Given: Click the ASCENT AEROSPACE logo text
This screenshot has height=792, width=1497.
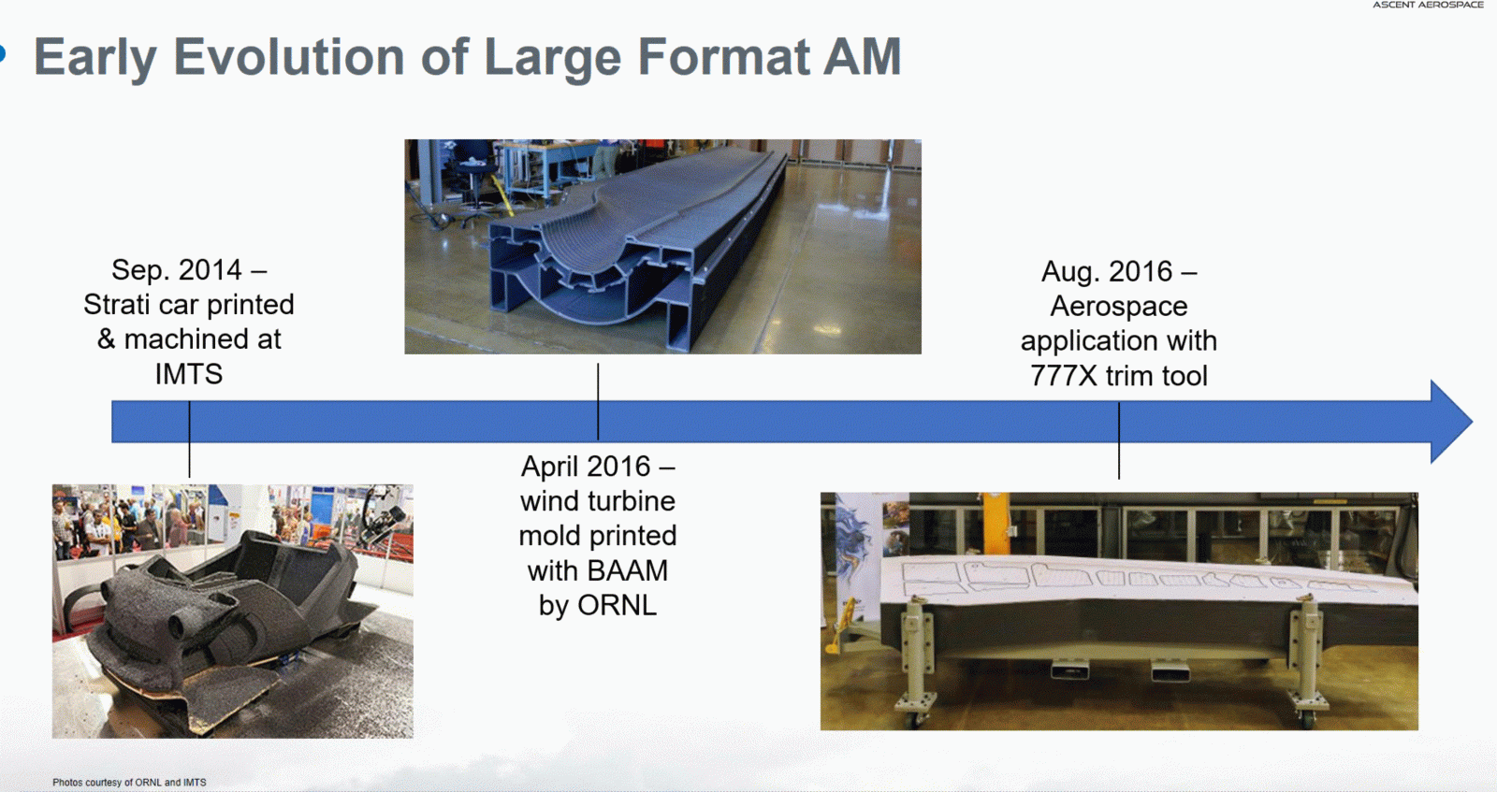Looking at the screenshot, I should tap(1428, 6).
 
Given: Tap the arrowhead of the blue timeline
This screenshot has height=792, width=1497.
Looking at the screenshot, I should tap(1450, 422).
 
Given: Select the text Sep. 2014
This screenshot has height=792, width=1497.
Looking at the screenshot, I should tap(177, 270).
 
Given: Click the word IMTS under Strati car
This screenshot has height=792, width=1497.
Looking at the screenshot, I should tap(189, 374).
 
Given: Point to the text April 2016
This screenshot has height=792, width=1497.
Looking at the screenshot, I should tap(586, 467).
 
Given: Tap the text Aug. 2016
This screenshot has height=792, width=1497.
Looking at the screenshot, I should tap(1107, 272).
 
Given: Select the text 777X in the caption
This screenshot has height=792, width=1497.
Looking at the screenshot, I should tap(1063, 376).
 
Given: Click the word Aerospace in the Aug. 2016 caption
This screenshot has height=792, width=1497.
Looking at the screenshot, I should tap(1119, 307).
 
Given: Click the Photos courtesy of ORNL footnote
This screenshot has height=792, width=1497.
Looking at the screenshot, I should tap(129, 783).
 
